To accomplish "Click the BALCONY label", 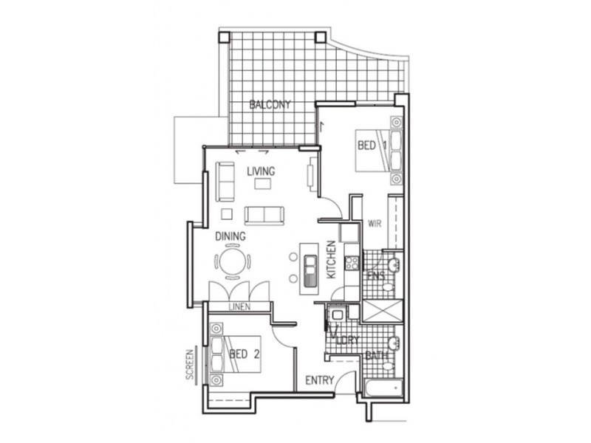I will tap(270, 104).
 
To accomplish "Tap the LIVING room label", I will tap(260, 171).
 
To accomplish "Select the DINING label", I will tap(230, 237).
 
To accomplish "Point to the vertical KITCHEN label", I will tap(332, 259).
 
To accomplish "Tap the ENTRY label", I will tap(319, 381).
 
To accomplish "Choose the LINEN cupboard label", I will tap(239, 306).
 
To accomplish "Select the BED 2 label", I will tap(244, 354).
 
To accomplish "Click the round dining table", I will tap(233, 262).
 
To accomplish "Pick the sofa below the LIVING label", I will tap(264, 215).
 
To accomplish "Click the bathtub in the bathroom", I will tap(381, 385).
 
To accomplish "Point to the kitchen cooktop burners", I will tap(352, 261).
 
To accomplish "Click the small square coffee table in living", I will tap(227, 214).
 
